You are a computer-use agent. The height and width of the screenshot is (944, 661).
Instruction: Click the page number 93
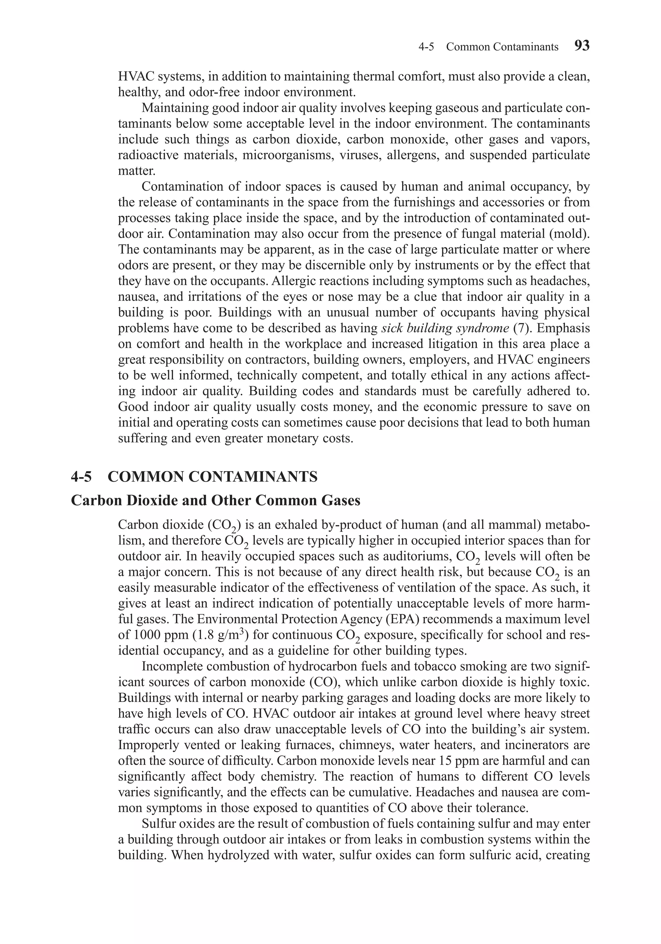(x=582, y=45)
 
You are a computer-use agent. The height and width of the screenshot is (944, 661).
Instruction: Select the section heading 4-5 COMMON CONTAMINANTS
(x=194, y=477)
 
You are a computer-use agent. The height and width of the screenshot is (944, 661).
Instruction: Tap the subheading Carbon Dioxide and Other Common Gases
(x=216, y=500)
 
